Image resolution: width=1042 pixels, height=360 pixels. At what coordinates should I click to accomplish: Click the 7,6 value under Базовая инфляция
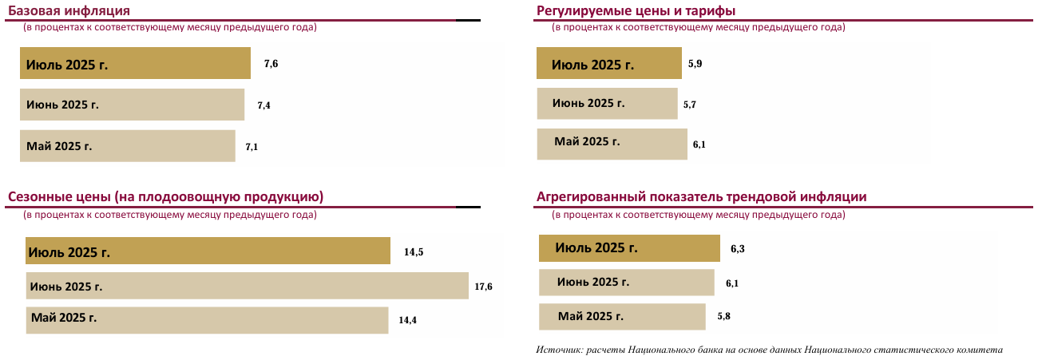click(x=271, y=64)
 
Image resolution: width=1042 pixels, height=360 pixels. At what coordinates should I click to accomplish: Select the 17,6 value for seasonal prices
click(x=483, y=287)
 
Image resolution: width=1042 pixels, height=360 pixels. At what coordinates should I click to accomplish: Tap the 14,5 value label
click(x=414, y=252)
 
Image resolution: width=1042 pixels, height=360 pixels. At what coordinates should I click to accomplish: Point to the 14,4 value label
click(x=408, y=320)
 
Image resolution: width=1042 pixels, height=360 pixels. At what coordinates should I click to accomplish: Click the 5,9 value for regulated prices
click(x=695, y=63)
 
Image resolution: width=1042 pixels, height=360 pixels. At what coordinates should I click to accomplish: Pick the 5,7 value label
click(x=691, y=104)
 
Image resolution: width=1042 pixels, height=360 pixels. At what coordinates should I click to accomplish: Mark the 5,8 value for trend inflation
click(x=724, y=317)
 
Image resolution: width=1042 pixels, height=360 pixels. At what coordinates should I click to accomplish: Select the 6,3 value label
click(x=738, y=249)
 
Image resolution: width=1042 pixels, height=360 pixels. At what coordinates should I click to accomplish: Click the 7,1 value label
click(x=252, y=147)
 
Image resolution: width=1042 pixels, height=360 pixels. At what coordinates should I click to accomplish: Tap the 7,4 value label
click(x=263, y=105)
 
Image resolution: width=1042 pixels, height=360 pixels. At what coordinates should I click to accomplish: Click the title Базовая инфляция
click(x=69, y=10)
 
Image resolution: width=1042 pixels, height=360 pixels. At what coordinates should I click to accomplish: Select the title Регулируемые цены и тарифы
click(x=636, y=10)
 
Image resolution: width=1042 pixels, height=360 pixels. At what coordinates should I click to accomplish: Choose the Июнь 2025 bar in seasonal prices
click(x=247, y=286)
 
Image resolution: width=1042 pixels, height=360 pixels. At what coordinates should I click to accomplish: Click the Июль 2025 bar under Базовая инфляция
click(x=135, y=63)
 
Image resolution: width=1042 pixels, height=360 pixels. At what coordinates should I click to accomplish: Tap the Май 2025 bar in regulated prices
click(x=612, y=144)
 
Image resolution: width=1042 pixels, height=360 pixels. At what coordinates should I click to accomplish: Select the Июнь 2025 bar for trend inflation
click(x=626, y=283)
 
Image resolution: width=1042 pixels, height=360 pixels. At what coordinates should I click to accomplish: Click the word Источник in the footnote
click(x=558, y=350)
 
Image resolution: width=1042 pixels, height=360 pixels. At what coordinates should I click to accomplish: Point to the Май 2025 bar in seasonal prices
click(x=207, y=319)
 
